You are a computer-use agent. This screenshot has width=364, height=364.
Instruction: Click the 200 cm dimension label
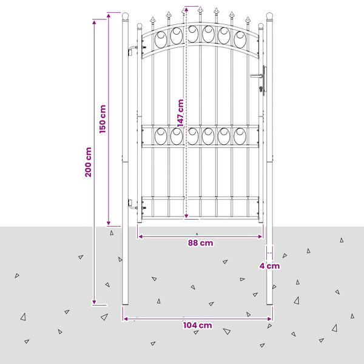pyautogui.click(x=88, y=162)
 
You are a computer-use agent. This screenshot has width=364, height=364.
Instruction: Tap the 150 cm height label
pyautogui.click(x=103, y=119)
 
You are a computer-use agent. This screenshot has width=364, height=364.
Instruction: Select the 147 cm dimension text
pyautogui.click(x=180, y=113)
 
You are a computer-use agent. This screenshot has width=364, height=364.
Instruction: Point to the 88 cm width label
pyautogui.click(x=200, y=243)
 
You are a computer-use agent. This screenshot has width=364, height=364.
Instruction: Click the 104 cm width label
pyautogui.click(x=198, y=325)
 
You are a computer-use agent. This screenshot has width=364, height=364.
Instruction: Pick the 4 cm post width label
pyautogui.click(x=269, y=266)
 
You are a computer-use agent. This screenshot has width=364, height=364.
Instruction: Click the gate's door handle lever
pyautogui.click(x=257, y=75)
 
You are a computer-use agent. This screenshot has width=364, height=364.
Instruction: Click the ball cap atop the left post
pyautogui.click(x=126, y=16)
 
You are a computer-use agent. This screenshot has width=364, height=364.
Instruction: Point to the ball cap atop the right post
pyautogui.click(x=269, y=16)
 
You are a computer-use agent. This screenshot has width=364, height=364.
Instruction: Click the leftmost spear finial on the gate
pyautogui.click(x=152, y=20)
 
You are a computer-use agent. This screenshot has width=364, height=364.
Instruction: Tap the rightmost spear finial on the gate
pyautogui.click(x=248, y=20)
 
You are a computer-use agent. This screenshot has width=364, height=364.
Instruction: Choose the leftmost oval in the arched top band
pyautogui.click(x=161, y=39)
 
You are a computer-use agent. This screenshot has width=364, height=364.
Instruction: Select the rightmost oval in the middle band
pyautogui.click(x=240, y=136)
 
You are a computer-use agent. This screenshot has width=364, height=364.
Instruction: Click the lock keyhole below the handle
pyautogui.click(x=261, y=89)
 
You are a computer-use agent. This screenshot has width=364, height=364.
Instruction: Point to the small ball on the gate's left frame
pyautogui.click(x=140, y=25)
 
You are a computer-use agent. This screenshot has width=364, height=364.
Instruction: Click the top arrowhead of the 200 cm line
pyautogui.click(x=94, y=22)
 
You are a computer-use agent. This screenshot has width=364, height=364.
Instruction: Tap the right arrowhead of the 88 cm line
pyautogui.click(x=260, y=237)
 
